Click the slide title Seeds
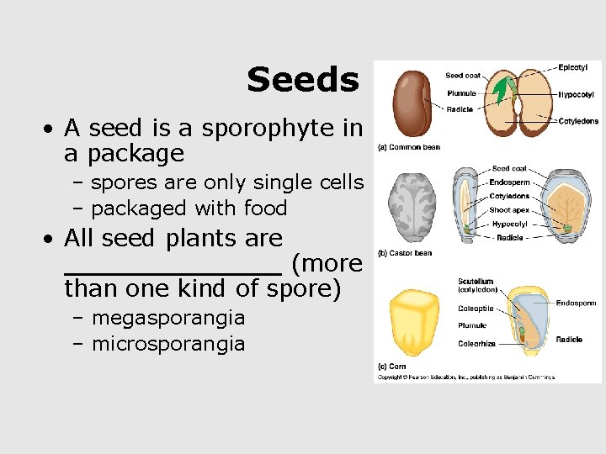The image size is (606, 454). [x=302, y=81]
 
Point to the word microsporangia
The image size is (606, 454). [x=168, y=344]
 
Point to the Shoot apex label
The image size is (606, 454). [x=509, y=210]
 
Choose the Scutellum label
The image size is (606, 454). [x=476, y=282]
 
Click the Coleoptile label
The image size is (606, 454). [x=476, y=309]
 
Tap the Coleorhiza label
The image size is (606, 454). [x=477, y=344]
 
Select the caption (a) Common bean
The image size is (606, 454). [x=410, y=147]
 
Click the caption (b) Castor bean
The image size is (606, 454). [x=407, y=253]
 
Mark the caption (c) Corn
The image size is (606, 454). [x=393, y=367]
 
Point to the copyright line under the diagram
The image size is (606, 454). [x=465, y=377]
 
